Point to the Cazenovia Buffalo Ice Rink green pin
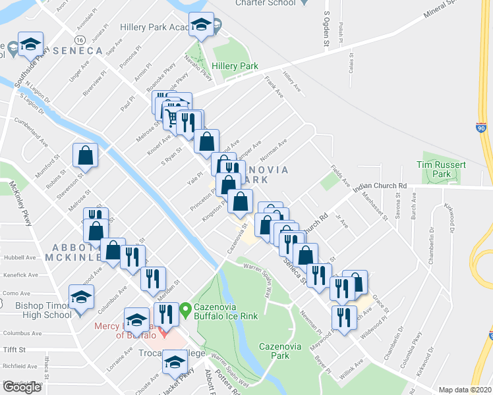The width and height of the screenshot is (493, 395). click(186, 307)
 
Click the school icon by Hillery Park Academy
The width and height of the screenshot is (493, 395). click(201, 25)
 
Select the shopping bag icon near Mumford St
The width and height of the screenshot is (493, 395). click(86, 155)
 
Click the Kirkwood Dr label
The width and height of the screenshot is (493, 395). click(453, 218)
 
